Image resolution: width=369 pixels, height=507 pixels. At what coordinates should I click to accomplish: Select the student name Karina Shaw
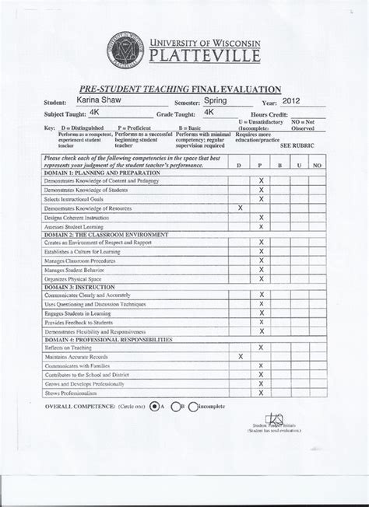[x=98, y=100]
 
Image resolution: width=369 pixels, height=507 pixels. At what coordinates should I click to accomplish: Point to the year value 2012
[x=291, y=100]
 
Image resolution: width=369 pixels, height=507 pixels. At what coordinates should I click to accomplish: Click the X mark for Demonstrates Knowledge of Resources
[x=241, y=208]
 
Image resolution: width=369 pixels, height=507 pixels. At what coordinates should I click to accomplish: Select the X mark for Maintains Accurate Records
[x=241, y=356]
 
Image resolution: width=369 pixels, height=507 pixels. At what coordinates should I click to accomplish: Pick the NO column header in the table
[x=316, y=166]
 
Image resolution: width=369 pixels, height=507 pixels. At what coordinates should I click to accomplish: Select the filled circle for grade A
[x=155, y=405]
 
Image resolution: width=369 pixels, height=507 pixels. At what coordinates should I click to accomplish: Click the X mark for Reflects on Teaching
[x=262, y=347]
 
